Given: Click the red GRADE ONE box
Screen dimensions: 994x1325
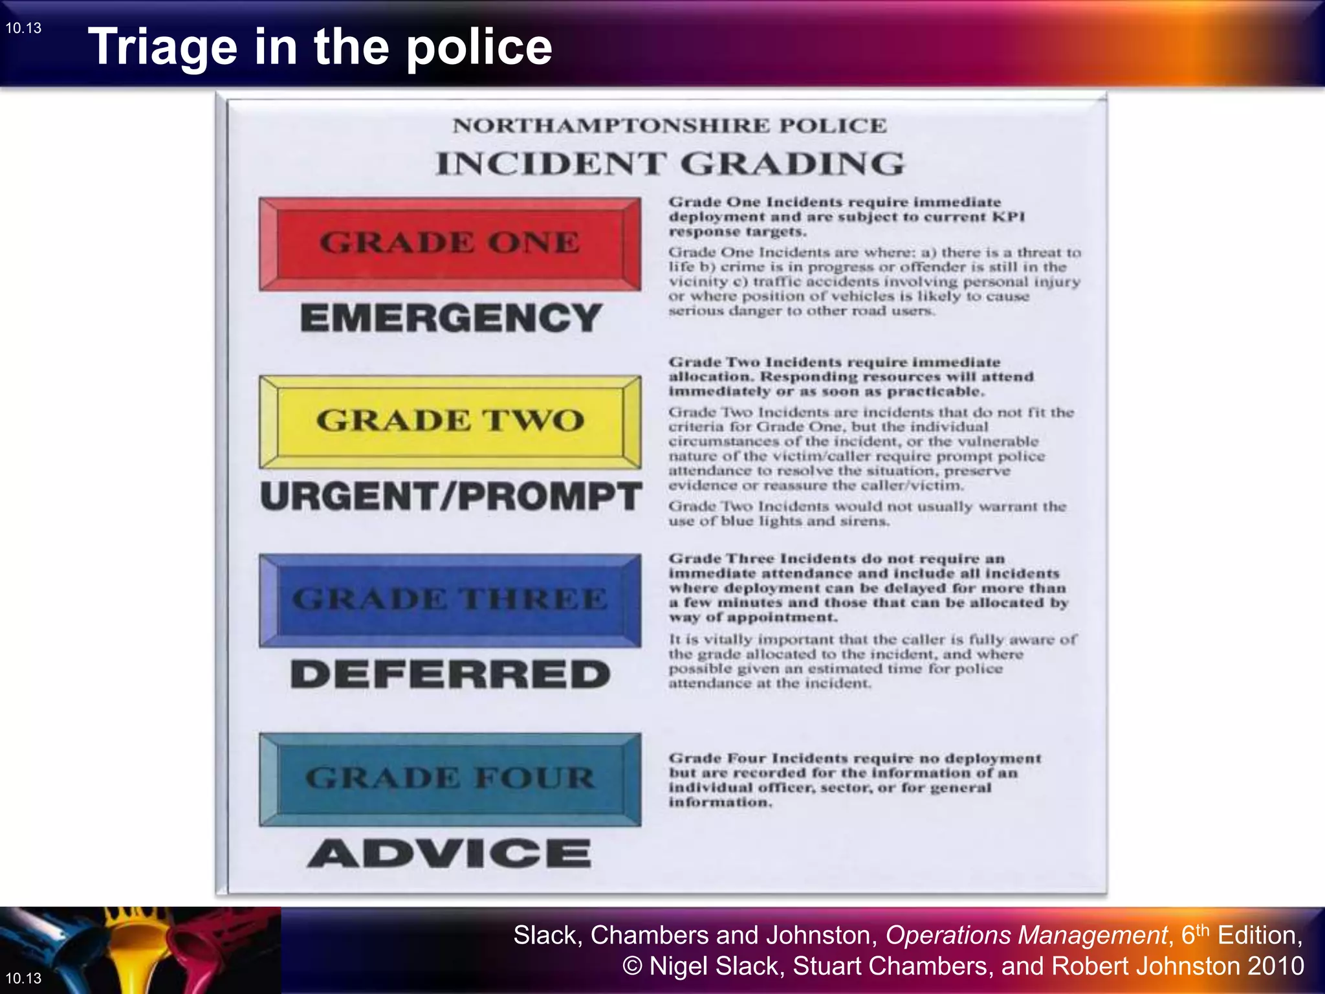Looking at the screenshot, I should pyautogui.click(x=450, y=243).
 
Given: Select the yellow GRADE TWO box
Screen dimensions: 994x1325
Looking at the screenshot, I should pyautogui.click(x=450, y=421).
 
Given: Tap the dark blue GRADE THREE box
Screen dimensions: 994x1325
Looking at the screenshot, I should pyautogui.click(x=450, y=599).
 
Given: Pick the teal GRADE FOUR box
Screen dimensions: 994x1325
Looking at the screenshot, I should pyautogui.click(x=450, y=779).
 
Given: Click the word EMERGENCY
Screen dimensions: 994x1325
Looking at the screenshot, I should pyautogui.click(x=451, y=318).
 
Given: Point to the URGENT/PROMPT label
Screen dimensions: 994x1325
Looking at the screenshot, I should pyautogui.click(x=451, y=496).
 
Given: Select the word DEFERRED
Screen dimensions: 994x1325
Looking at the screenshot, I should pyautogui.click(x=450, y=674).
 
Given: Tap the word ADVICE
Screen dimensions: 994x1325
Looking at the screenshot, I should pyautogui.click(x=449, y=853).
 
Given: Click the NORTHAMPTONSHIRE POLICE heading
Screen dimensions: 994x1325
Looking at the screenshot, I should pyautogui.click(x=670, y=126).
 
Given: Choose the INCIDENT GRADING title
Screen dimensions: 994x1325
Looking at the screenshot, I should pyautogui.click(x=670, y=163).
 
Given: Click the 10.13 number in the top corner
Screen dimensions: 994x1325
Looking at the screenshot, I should pyautogui.click(x=23, y=28).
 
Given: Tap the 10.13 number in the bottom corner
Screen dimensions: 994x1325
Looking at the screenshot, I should pyautogui.click(x=23, y=978).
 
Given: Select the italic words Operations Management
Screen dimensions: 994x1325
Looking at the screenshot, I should pyautogui.click(x=1026, y=936).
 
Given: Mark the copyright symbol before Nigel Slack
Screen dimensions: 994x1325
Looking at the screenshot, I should pyautogui.click(x=632, y=966).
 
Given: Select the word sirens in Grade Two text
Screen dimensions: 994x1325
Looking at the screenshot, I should pyautogui.click(x=864, y=521).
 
